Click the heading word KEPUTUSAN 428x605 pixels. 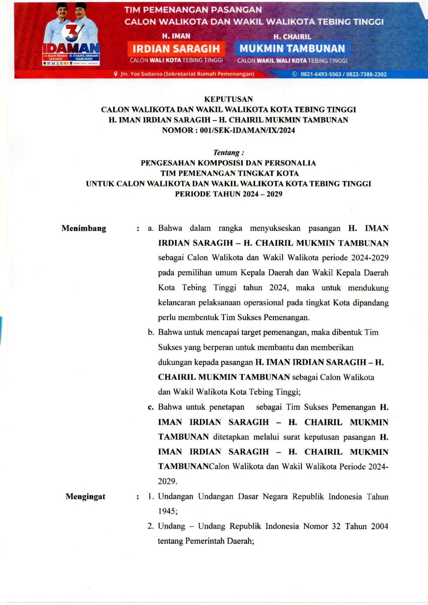pyautogui.click(x=228, y=99)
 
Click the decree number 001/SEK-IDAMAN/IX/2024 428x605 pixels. pyautogui.click(x=247, y=130)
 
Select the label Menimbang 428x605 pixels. pyautogui.click(x=84, y=228)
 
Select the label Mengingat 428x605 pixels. pyautogui.click(x=85, y=497)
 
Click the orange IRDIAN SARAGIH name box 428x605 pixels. pyautogui.click(x=176, y=49)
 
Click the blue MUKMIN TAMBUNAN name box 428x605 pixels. pyautogui.click(x=292, y=49)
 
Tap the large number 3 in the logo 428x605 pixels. pyautogui.click(x=71, y=33)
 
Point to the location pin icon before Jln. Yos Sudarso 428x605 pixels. pyautogui.click(x=116, y=74)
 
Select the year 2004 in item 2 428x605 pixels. pyautogui.click(x=379, y=526)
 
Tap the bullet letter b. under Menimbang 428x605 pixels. pyautogui.click(x=151, y=332)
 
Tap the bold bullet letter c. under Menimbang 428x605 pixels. pyautogui.click(x=151, y=407)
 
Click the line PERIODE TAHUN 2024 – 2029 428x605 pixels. pyautogui.click(x=228, y=194)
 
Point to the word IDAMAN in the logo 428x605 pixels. pyautogui.click(x=71, y=49)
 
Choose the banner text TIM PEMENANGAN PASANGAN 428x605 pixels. pyautogui.click(x=193, y=10)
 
